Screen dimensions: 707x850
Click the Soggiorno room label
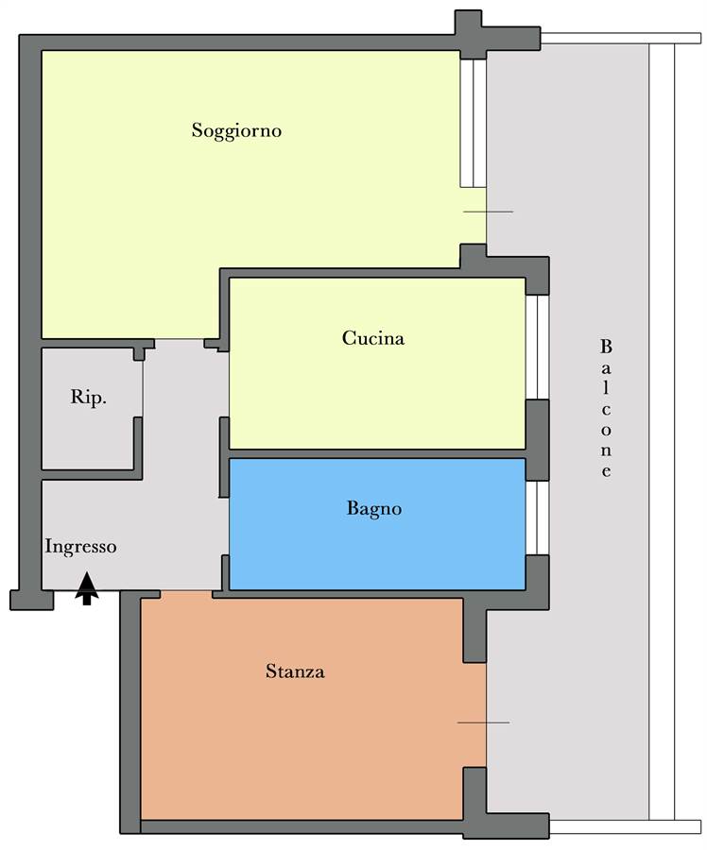(236, 131)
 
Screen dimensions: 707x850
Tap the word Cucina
(373, 338)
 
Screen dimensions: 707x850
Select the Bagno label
(374, 510)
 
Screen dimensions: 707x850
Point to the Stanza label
(295, 671)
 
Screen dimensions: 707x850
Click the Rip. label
(89, 398)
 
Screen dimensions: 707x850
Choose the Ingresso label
(80, 547)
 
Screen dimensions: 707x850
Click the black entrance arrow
(87, 588)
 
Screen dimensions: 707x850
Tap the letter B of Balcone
(606, 347)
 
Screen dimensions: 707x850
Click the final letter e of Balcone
(606, 471)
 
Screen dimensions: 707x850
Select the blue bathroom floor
(377, 524)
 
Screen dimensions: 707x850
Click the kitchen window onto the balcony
(537, 347)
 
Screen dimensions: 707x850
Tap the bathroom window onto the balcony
(537, 518)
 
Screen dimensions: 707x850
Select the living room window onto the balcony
(474, 123)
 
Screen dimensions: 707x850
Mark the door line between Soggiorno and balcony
(488, 212)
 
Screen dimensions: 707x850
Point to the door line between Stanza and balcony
(483, 722)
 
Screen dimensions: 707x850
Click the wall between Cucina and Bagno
(377, 453)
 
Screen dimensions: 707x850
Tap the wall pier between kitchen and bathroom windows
(537, 440)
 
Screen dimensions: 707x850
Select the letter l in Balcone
(606, 389)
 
